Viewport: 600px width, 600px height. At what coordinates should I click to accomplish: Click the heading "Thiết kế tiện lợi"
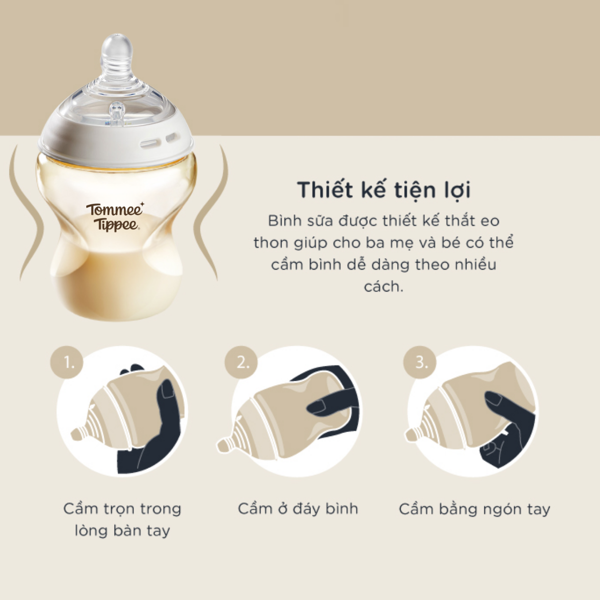pyautogui.click(x=384, y=190)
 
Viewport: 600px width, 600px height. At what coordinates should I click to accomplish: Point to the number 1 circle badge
pyautogui.click(x=67, y=362)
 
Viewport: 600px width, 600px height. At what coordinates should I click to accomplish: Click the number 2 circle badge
pyautogui.click(x=241, y=362)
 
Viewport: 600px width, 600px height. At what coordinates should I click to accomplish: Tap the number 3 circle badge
pyautogui.click(x=420, y=362)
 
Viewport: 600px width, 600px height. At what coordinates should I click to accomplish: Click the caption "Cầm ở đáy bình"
pyautogui.click(x=298, y=509)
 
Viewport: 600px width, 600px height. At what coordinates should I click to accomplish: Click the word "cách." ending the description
pyautogui.click(x=384, y=287)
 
